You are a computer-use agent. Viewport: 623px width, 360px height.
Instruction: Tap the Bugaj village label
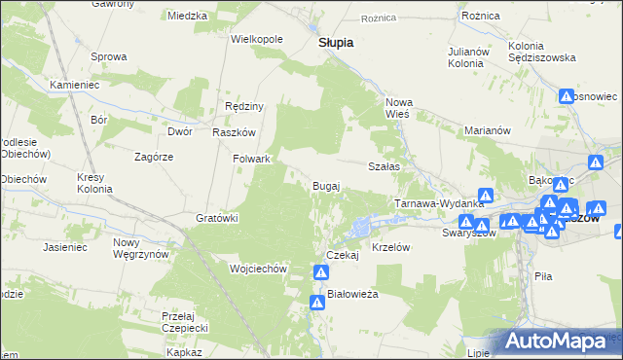[325, 185]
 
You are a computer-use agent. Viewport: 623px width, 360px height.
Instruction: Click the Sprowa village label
[109, 56]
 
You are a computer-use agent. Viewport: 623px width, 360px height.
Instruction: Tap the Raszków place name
[234, 132]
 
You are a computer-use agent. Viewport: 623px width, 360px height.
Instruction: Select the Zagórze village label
[154, 156]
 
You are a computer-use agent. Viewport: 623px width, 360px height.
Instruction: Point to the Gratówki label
[217, 218]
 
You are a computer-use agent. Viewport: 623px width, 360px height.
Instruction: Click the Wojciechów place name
[257, 268]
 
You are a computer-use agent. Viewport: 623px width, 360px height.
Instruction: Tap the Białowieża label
[352, 293]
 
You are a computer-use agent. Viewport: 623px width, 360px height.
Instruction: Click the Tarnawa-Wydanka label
[439, 203]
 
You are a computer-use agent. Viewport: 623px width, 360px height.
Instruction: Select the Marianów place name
[488, 130]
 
